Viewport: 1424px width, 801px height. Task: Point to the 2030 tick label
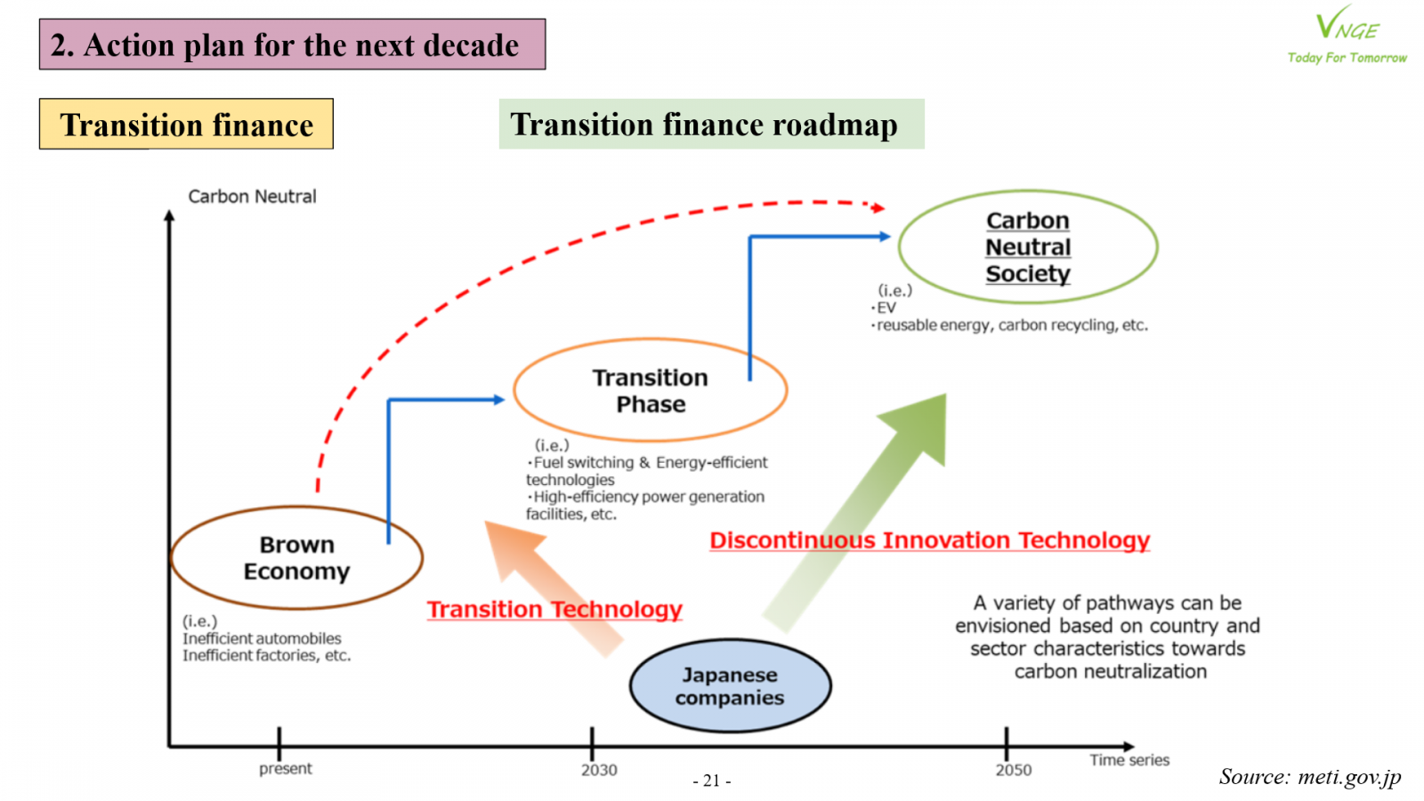[599, 770]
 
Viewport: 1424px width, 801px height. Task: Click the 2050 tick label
[1014, 770]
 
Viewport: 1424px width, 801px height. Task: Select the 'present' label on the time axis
[286, 769]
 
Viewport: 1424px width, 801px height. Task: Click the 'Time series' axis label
[1129, 760]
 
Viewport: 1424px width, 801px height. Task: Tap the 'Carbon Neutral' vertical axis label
[252, 197]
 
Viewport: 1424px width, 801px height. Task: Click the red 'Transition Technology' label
[554, 609]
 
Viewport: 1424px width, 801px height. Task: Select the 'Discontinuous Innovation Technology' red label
[929, 540]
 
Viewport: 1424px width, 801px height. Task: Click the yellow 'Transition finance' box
[186, 124]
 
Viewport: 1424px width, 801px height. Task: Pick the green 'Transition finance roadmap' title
[711, 124]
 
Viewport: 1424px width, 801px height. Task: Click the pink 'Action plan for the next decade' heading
[293, 44]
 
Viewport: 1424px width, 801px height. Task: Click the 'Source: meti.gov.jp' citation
[1309, 776]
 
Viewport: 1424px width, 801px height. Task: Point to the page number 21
[711, 780]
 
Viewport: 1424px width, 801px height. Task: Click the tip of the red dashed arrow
[885, 208]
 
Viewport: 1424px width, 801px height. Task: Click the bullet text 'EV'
[886, 308]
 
